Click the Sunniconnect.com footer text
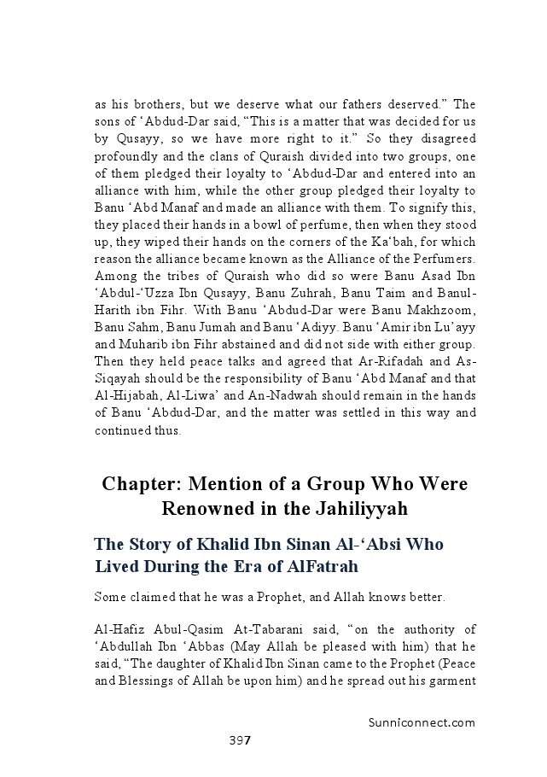click(x=416, y=721)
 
